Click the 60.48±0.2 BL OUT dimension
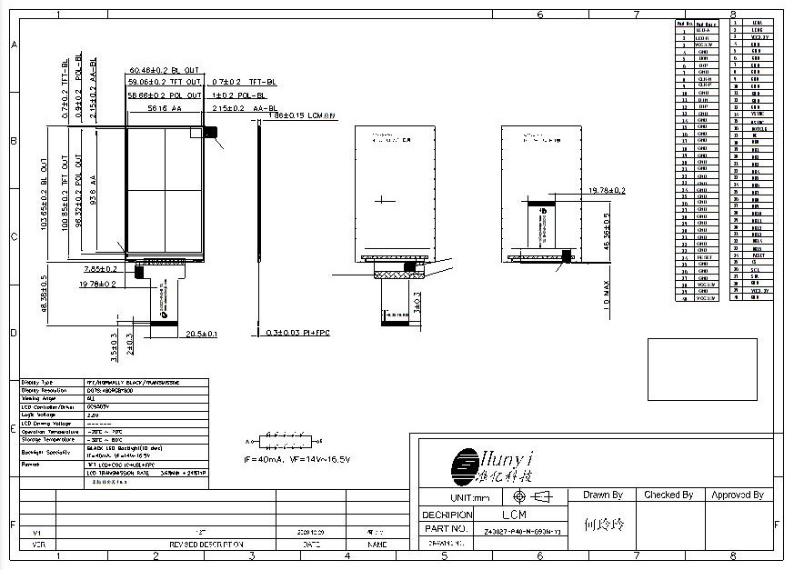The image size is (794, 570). click(165, 70)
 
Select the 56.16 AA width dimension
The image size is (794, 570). click(164, 108)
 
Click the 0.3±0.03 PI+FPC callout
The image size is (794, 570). click(299, 334)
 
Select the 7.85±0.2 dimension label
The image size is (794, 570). click(99, 269)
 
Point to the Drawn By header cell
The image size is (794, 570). click(603, 495)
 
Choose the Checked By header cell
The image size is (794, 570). click(668, 495)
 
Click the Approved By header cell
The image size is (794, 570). click(737, 495)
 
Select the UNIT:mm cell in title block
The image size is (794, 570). click(470, 498)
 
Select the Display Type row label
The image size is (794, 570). click(37, 383)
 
